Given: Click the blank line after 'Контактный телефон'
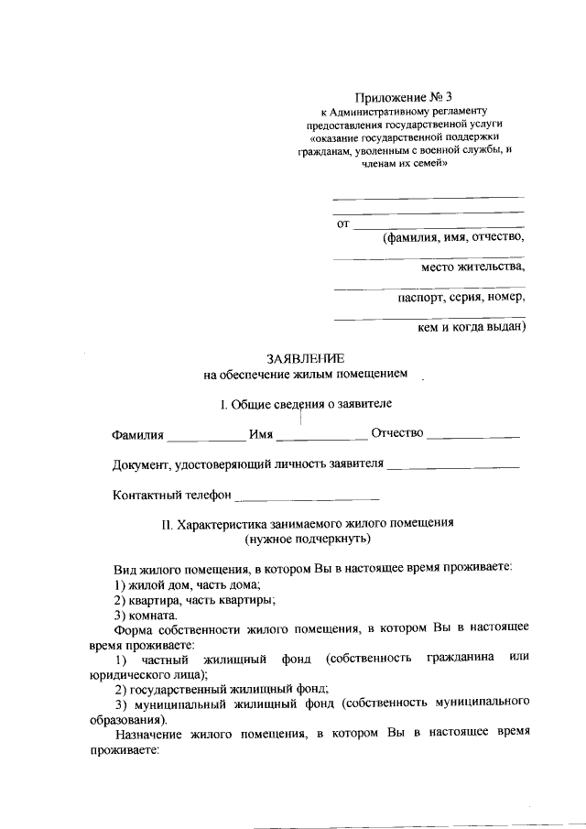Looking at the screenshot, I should point(308,498).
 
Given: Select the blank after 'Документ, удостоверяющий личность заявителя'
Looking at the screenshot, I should point(453,467).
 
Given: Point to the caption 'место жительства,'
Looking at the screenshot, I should point(473,267).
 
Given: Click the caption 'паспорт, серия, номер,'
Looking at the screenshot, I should point(461,297).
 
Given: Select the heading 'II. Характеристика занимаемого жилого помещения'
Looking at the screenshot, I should point(308,524).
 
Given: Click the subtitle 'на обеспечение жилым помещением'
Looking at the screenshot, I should point(306,374).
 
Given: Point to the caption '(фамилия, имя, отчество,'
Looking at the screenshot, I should point(453,237).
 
